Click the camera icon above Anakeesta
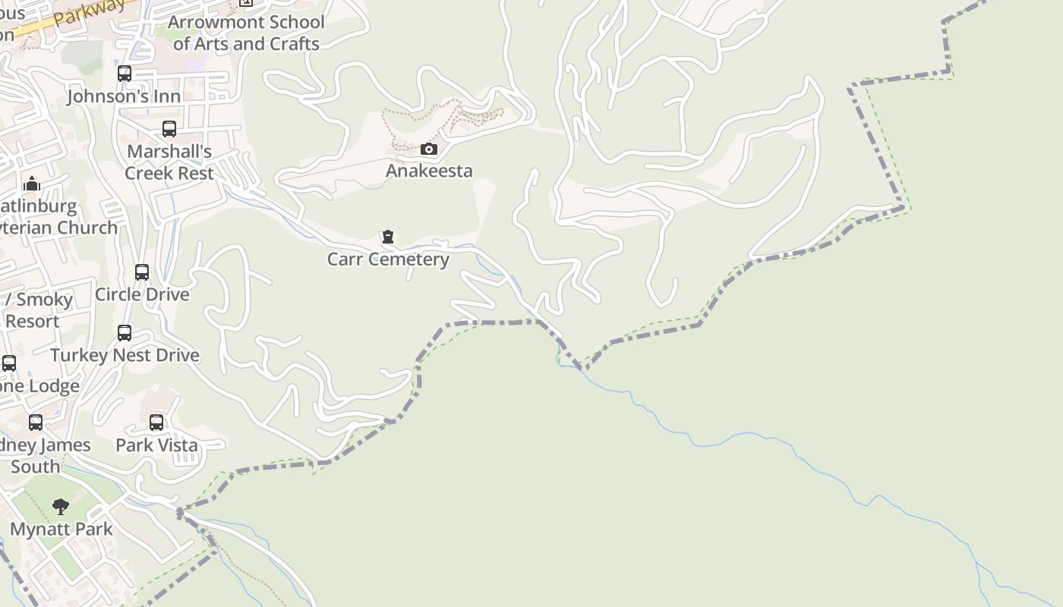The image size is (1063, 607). [429, 149]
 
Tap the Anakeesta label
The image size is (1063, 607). [429, 171]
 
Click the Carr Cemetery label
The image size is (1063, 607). [388, 259]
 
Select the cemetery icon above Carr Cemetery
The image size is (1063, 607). [388, 237]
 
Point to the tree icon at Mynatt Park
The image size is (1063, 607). [61, 507]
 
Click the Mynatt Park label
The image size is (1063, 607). [61, 529]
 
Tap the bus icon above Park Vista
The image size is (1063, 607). [156, 423]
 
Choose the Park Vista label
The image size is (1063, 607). [156, 445]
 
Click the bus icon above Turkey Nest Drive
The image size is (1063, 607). [125, 333]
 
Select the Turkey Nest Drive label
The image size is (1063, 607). [125, 355]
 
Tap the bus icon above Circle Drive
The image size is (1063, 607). [142, 272]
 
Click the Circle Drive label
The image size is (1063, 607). [142, 294]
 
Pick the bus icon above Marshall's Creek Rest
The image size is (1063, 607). [169, 129]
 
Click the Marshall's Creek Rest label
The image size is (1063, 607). [169, 162]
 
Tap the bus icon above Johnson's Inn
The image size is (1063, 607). [125, 74]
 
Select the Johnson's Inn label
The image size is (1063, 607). [125, 96]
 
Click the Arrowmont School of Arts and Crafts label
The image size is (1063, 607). [246, 33]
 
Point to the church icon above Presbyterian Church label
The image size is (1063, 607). [32, 184]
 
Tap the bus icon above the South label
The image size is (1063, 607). [36, 423]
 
